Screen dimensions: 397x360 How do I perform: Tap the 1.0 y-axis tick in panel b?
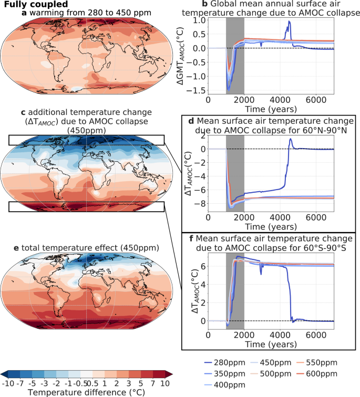199,20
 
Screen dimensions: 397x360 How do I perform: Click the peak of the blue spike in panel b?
289,22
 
